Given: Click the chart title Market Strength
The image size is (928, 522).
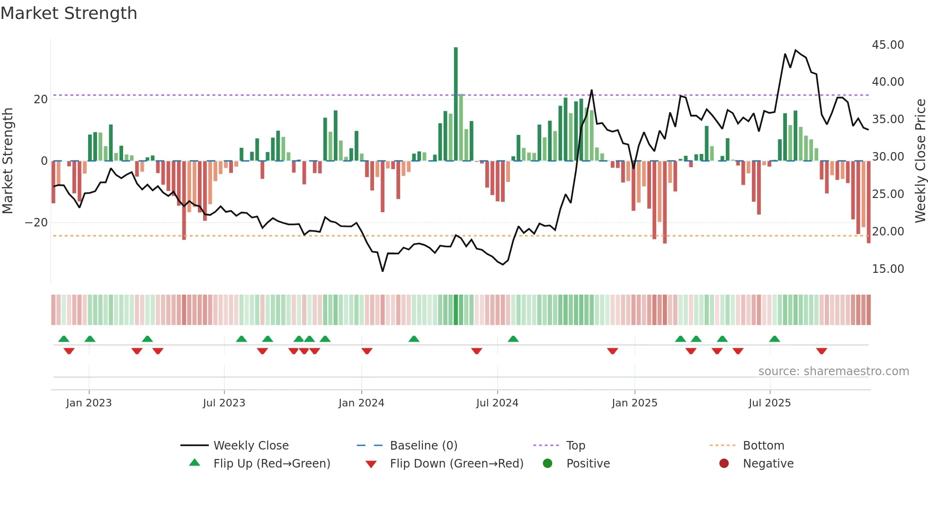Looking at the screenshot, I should pos(69,13).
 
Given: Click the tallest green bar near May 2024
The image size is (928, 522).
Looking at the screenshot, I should pos(455,104).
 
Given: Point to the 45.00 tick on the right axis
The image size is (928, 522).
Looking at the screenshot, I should pos(888,45).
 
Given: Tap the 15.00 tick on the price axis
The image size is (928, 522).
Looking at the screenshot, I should pos(888,269).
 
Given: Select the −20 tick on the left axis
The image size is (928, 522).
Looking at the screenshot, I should pos(36,223).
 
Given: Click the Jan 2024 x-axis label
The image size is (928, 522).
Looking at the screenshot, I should pos(361,403).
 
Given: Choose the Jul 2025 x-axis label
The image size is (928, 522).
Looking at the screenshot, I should pos(769,403).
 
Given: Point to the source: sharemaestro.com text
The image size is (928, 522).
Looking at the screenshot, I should pos(833,371).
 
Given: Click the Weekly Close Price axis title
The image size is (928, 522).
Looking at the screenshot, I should pos(920,161).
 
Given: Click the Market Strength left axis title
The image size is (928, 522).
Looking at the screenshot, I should pos(8,161).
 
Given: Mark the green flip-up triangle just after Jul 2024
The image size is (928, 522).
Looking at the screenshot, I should pos(513,339).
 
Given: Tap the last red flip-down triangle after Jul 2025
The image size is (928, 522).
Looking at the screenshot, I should pos(821,351).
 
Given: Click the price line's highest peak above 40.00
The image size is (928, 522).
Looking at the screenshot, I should pos(795,50).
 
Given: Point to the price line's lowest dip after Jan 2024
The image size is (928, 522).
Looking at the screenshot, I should pos(383,271).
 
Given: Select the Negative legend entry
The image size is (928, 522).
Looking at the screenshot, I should pos(768,464).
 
